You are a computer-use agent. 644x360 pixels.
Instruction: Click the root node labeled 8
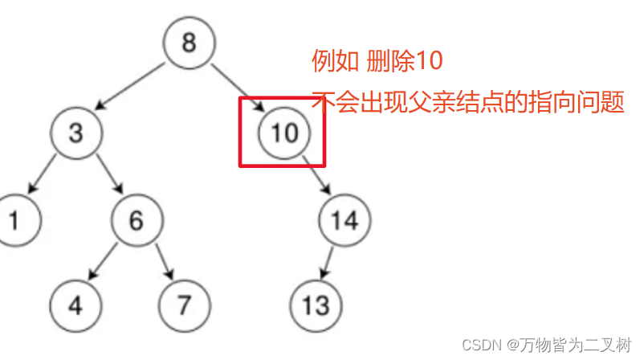pyautogui.click(x=189, y=43)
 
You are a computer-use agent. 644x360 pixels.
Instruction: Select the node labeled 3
pyautogui.click(x=75, y=132)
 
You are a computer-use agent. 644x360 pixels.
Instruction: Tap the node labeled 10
pyautogui.click(x=283, y=133)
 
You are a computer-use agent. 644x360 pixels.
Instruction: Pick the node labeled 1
pyautogui.click(x=14, y=219)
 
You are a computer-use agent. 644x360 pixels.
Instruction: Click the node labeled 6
pyautogui.click(x=136, y=219)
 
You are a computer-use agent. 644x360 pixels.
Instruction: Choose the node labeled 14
pyautogui.click(x=344, y=219)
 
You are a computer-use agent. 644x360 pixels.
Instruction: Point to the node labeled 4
pyautogui.click(x=75, y=306)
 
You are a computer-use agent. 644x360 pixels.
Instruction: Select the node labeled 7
pyautogui.click(x=184, y=306)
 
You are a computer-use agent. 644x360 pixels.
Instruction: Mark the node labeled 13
pyautogui.click(x=316, y=306)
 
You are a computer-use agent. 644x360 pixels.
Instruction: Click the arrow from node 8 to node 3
pyautogui.click(x=131, y=87)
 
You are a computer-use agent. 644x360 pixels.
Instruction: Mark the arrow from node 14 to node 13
pyautogui.click(x=328, y=263)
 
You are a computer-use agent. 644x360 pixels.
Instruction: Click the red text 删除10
pyautogui.click(x=405, y=61)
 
